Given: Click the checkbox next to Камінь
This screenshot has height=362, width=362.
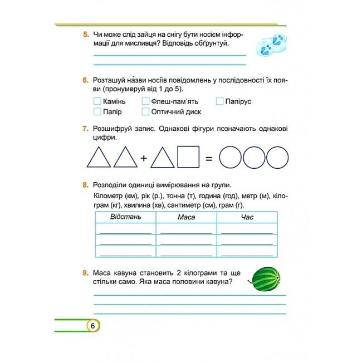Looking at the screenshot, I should [97, 101].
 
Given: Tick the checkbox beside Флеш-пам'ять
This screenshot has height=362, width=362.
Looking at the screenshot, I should [145, 101].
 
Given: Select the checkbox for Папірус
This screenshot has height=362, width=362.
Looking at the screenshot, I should [219, 101].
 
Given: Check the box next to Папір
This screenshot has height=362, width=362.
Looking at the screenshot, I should [97, 111].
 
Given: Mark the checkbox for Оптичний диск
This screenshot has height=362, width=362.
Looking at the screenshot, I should [145, 111].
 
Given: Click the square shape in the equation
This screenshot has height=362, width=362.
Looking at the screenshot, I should [188, 157].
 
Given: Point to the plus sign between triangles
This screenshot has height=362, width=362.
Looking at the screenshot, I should [144, 158].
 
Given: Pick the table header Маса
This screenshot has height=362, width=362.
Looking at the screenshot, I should [186, 217].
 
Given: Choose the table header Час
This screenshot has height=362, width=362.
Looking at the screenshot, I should [247, 217].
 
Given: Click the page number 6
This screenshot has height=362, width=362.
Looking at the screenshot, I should [92, 326].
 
